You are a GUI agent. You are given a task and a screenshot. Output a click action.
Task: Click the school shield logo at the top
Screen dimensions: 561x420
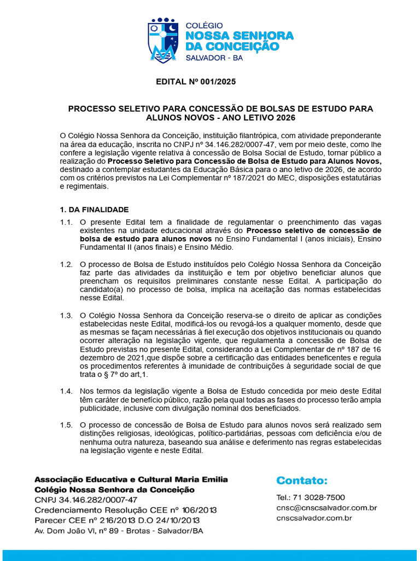click(x=163, y=41)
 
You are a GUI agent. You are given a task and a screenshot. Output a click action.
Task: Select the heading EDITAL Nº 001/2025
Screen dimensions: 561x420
click(x=196, y=83)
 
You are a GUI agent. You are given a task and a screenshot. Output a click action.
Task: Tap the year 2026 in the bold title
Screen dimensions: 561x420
click(x=285, y=117)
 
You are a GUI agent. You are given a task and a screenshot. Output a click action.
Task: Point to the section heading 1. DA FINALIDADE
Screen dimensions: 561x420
click(x=94, y=209)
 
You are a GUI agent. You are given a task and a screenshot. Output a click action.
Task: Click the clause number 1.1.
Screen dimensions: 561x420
click(x=66, y=222)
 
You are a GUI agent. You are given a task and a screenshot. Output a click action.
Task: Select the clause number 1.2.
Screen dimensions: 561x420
click(x=66, y=265)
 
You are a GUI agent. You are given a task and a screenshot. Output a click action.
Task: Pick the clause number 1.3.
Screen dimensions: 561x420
click(x=66, y=316)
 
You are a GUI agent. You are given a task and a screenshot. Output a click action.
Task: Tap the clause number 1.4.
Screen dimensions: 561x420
click(x=66, y=391)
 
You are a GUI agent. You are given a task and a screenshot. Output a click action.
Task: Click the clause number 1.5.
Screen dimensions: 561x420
click(x=66, y=425)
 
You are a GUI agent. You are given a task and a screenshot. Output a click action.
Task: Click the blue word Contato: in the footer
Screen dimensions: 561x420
click(x=302, y=481)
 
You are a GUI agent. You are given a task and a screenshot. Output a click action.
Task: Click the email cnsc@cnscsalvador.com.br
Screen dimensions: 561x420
click(x=327, y=508)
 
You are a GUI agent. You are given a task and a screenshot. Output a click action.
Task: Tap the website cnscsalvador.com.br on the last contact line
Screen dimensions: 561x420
click(x=314, y=518)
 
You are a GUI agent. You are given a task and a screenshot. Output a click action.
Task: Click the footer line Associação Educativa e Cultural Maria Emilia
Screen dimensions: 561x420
click(x=131, y=479)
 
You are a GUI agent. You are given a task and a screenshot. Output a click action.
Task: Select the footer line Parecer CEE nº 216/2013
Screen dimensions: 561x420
click(x=116, y=520)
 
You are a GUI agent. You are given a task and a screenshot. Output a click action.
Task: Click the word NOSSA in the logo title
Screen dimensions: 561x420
click(x=211, y=36)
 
